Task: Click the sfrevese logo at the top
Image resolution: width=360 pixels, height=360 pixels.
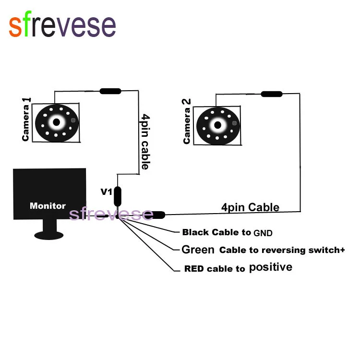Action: [62, 26]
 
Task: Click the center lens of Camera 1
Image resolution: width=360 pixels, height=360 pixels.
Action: [57, 122]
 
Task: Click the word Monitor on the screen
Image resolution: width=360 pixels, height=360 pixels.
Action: [48, 206]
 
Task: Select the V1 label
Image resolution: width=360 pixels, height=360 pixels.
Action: [106, 192]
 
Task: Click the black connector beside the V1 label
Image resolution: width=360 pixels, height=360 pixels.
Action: [117, 196]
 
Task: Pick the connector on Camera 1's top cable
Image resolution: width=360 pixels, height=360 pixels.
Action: [110, 91]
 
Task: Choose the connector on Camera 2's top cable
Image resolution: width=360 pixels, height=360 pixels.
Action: [271, 94]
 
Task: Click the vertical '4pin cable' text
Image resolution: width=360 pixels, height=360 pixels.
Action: [144, 142]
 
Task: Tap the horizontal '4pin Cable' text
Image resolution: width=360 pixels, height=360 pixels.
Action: [250, 207]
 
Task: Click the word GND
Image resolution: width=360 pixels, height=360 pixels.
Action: [263, 233]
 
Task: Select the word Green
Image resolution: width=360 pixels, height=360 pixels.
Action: [198, 250]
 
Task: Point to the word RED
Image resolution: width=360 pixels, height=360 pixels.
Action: [195, 269]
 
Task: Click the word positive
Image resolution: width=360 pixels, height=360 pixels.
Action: [270, 267]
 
